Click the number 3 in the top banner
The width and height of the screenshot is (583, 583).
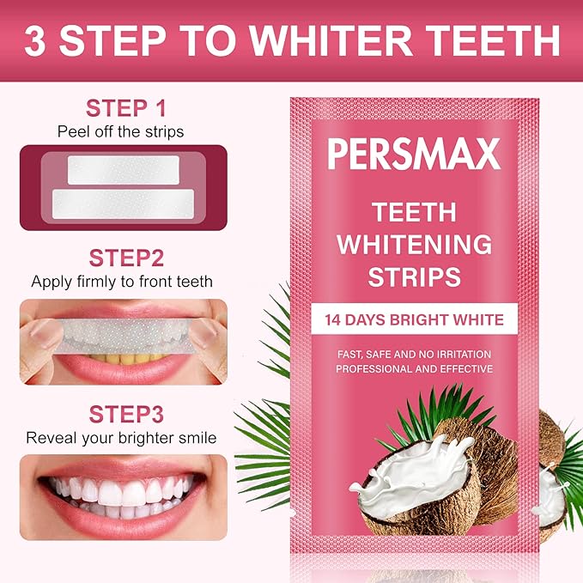(x=37, y=40)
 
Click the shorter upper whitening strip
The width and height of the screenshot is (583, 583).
(x=123, y=168)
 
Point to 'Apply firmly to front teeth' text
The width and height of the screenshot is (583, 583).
(x=122, y=281)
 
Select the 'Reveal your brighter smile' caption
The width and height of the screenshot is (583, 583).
(x=121, y=438)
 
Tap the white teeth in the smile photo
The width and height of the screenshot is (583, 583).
(x=121, y=491)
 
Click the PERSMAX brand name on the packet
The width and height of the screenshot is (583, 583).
(x=414, y=155)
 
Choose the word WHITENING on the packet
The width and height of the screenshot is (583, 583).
(x=414, y=244)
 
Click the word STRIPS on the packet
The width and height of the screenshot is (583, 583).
(x=414, y=276)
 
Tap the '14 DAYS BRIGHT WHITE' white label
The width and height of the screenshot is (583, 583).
(x=414, y=320)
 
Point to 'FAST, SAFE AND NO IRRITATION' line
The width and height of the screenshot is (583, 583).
(x=414, y=354)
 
